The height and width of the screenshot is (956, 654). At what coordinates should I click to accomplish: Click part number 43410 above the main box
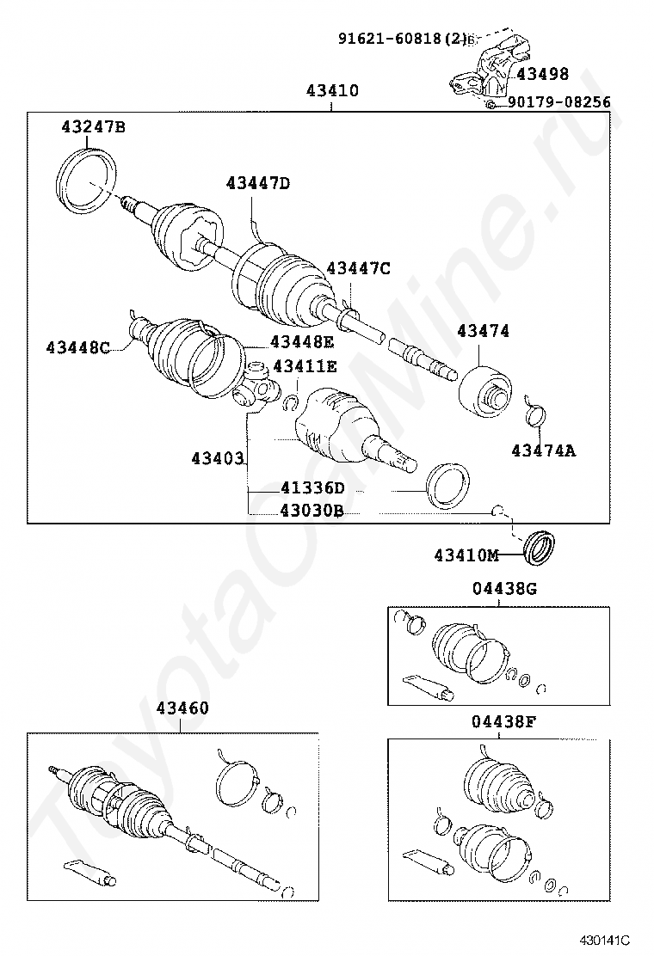pyautogui.click(x=332, y=91)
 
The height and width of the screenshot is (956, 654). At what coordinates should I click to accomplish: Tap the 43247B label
pyautogui.click(x=93, y=128)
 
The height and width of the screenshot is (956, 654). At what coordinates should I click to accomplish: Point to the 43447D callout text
pyautogui.click(x=258, y=183)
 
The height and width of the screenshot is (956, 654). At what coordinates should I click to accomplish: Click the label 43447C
pyautogui.click(x=358, y=269)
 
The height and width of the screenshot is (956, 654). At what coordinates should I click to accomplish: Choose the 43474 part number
pyautogui.click(x=483, y=331)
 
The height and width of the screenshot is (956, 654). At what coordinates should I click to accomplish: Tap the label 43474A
pyautogui.click(x=543, y=450)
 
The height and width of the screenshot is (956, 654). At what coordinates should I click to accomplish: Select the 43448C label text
pyautogui.click(x=78, y=347)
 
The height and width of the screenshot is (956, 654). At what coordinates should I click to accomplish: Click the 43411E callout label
pyautogui.click(x=305, y=366)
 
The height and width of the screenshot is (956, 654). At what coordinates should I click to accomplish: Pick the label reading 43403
pyautogui.click(x=218, y=459)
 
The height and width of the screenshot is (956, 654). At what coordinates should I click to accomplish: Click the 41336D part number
pyautogui.click(x=312, y=488)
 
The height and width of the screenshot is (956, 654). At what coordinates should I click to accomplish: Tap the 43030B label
pyautogui.click(x=312, y=510)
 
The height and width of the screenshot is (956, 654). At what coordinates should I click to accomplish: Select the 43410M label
pyautogui.click(x=466, y=555)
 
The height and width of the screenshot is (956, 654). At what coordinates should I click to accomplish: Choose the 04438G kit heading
pyautogui.click(x=503, y=589)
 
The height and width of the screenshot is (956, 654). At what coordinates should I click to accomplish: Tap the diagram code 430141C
pyautogui.click(x=605, y=941)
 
